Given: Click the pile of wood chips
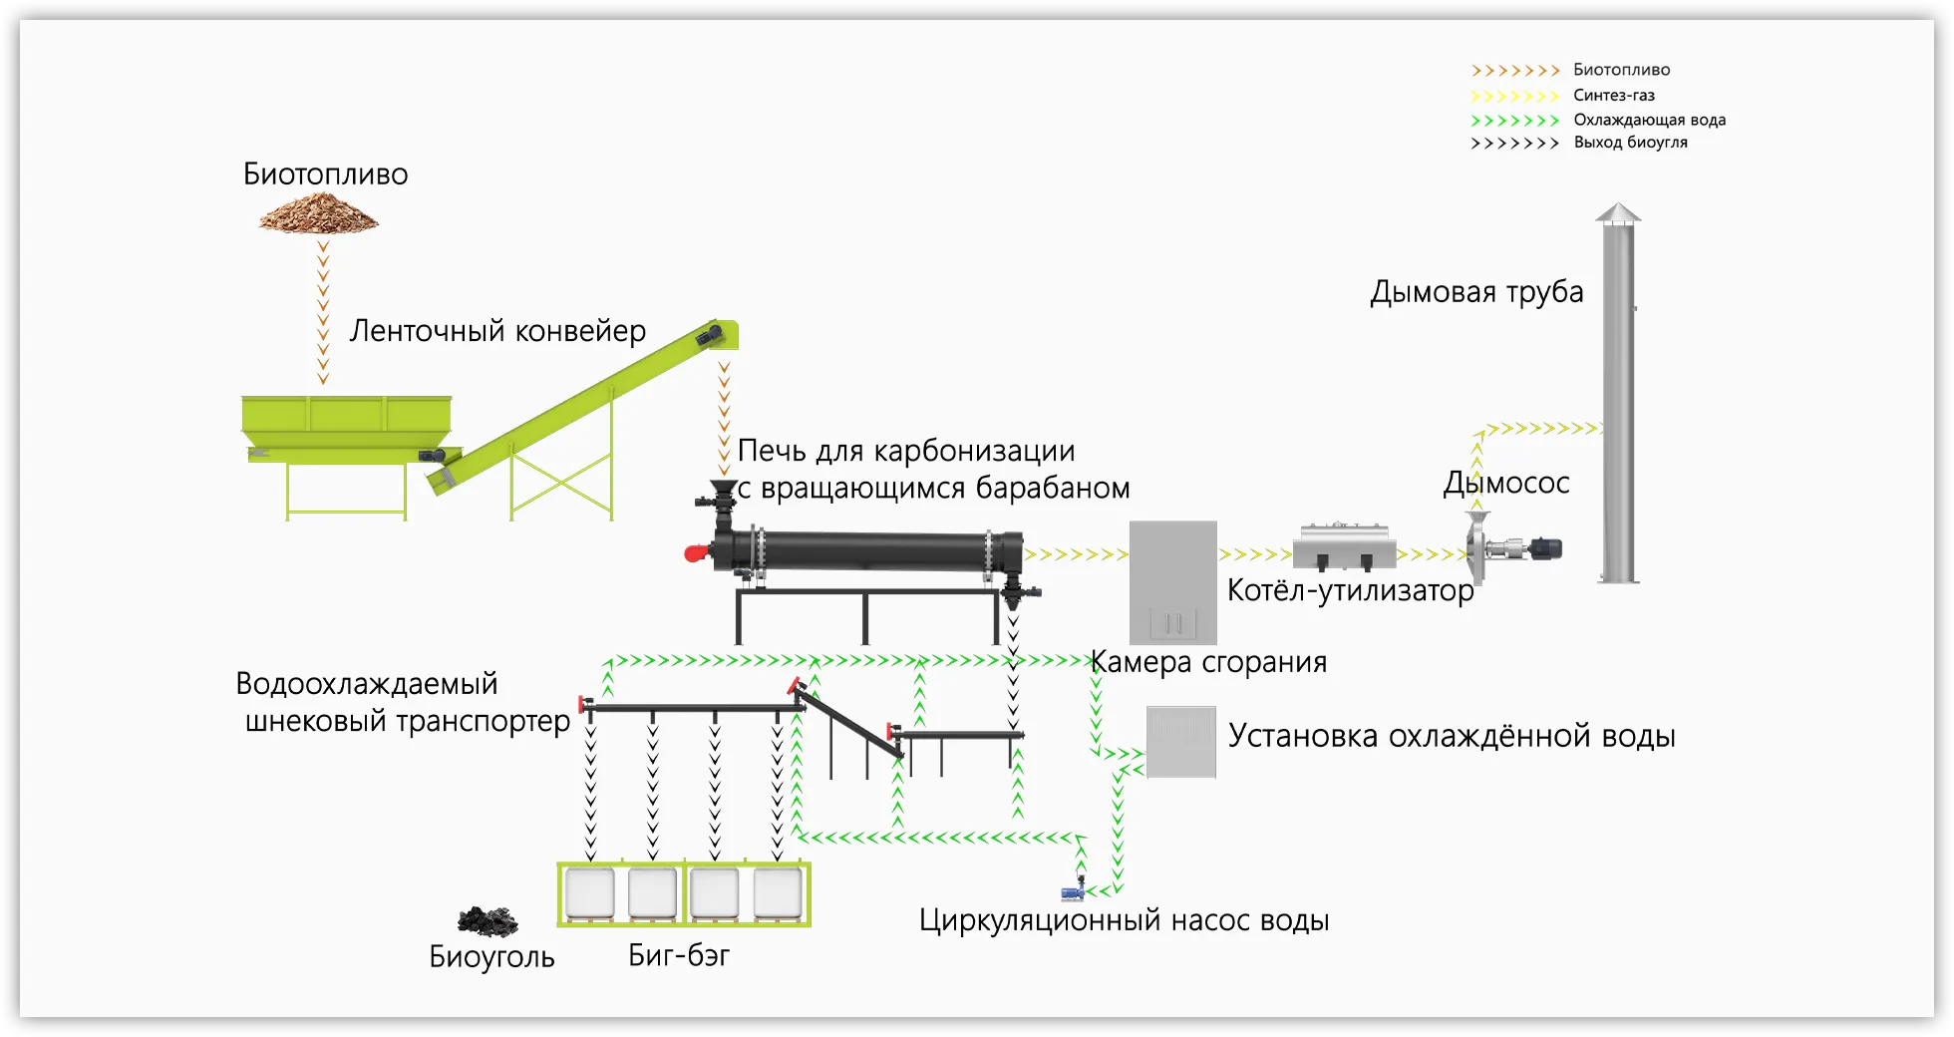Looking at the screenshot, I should pos(319,213).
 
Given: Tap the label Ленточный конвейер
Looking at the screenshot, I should pos(497,331).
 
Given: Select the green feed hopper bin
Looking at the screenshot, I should pos(346,417).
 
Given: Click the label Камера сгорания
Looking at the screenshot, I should pos(1208,662).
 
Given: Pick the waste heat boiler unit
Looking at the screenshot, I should pos(1343,546).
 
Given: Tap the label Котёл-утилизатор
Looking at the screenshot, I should pos(1350,590).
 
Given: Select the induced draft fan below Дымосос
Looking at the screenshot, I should pos(1510,549).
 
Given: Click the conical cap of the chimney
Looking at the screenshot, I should pos(1617,212).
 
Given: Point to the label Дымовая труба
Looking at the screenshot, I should pos(1475,292).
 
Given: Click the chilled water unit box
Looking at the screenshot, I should pos(1180,741).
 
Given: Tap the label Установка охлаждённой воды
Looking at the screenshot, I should pos(1451,736).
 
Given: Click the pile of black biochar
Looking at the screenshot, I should pos(488,921).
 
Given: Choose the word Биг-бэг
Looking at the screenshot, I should pos(679,955).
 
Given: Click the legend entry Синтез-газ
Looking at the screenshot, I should pos(1613,96).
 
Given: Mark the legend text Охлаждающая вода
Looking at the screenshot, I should pos(1649,120).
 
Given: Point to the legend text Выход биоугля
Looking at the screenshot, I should pos(1630,143).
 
